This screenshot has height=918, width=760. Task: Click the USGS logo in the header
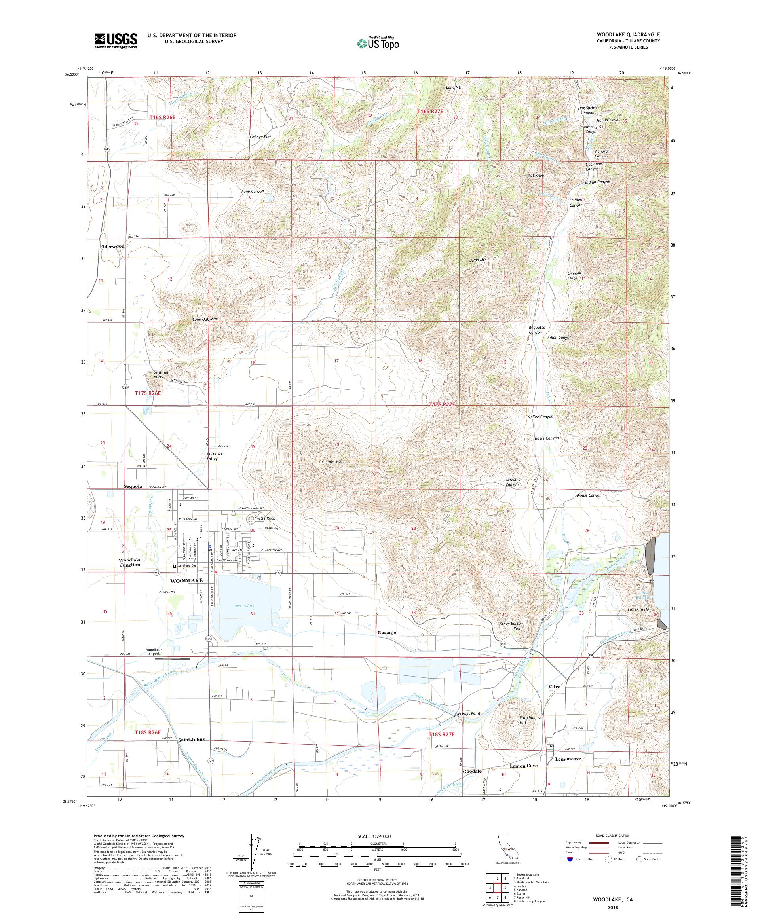coord(116,41)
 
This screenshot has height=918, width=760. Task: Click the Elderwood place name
coord(112,246)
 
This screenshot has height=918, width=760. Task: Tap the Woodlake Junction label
coord(130,562)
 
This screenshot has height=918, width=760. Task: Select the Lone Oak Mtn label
coord(205,319)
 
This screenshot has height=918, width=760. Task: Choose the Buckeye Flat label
coord(260,137)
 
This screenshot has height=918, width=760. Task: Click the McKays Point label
coord(468,713)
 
